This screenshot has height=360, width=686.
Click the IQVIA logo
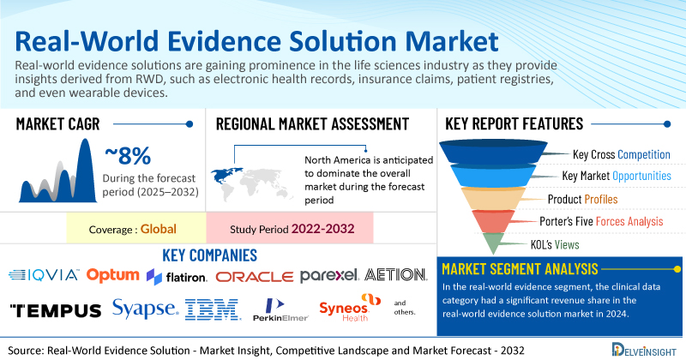tap(44, 275)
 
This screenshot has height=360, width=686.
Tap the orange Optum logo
tap(113, 275)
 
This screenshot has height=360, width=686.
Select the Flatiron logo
tap(177, 277)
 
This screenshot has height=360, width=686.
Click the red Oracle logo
tap(254, 277)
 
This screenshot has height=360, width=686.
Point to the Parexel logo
tap(329, 276)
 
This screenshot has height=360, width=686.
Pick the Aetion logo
tap(395, 274)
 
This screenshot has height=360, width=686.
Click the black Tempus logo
tap(56, 310)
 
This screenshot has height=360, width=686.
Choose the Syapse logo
tap(146, 309)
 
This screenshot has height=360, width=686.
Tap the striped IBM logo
tap(213, 309)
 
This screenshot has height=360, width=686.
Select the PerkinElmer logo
tap(280, 309)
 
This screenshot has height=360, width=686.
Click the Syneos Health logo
tap(350, 308)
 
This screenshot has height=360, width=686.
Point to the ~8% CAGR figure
tap(128, 156)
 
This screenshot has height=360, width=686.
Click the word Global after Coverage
tap(159, 229)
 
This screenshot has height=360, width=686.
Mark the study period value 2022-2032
tap(323, 229)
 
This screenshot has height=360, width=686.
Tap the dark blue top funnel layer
tap(493, 152)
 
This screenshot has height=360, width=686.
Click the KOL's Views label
tap(555, 244)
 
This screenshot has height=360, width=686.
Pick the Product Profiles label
tap(582, 200)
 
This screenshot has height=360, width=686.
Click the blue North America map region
tap(226, 175)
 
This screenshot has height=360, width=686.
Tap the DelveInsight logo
tap(644, 350)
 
